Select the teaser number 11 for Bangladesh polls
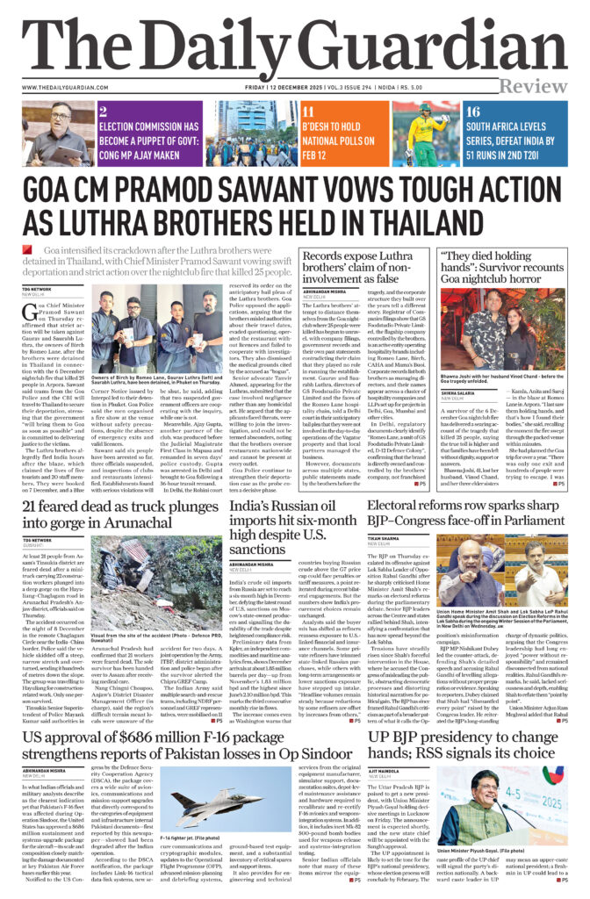coord(308,111)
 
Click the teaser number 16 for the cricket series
coord(473,111)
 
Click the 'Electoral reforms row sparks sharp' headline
coord(466,506)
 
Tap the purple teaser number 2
coord(103,111)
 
